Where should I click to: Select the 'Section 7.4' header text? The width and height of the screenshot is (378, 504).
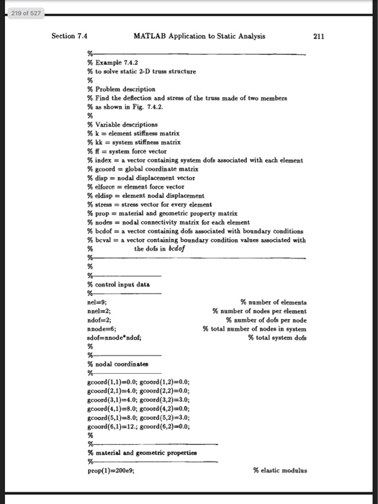tap(71, 36)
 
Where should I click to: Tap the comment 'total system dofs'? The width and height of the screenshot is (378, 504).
tap(276, 337)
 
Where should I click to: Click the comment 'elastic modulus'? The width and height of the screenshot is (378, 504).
tap(280, 469)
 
